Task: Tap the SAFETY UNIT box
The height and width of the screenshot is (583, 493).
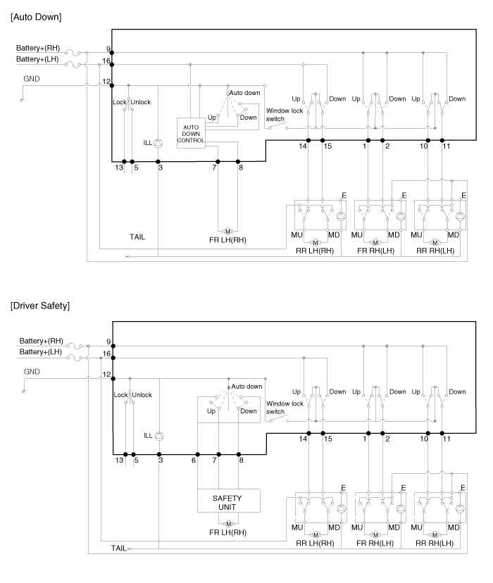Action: click(x=229, y=501)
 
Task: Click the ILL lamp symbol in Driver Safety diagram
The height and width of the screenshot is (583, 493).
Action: click(x=158, y=436)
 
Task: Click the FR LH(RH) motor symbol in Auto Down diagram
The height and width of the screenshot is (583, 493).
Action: click(x=227, y=232)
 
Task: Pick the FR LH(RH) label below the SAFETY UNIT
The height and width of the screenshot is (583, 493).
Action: click(x=227, y=534)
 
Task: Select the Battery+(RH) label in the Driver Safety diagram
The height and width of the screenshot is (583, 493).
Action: click(x=41, y=341)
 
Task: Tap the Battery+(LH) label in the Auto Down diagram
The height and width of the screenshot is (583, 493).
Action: click(x=39, y=60)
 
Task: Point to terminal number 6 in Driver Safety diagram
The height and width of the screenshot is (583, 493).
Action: click(x=194, y=460)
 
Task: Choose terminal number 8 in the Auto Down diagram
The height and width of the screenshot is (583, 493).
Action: click(x=241, y=168)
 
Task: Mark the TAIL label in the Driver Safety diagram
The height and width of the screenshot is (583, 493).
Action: click(x=118, y=547)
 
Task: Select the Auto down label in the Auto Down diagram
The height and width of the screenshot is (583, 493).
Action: click(x=246, y=93)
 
